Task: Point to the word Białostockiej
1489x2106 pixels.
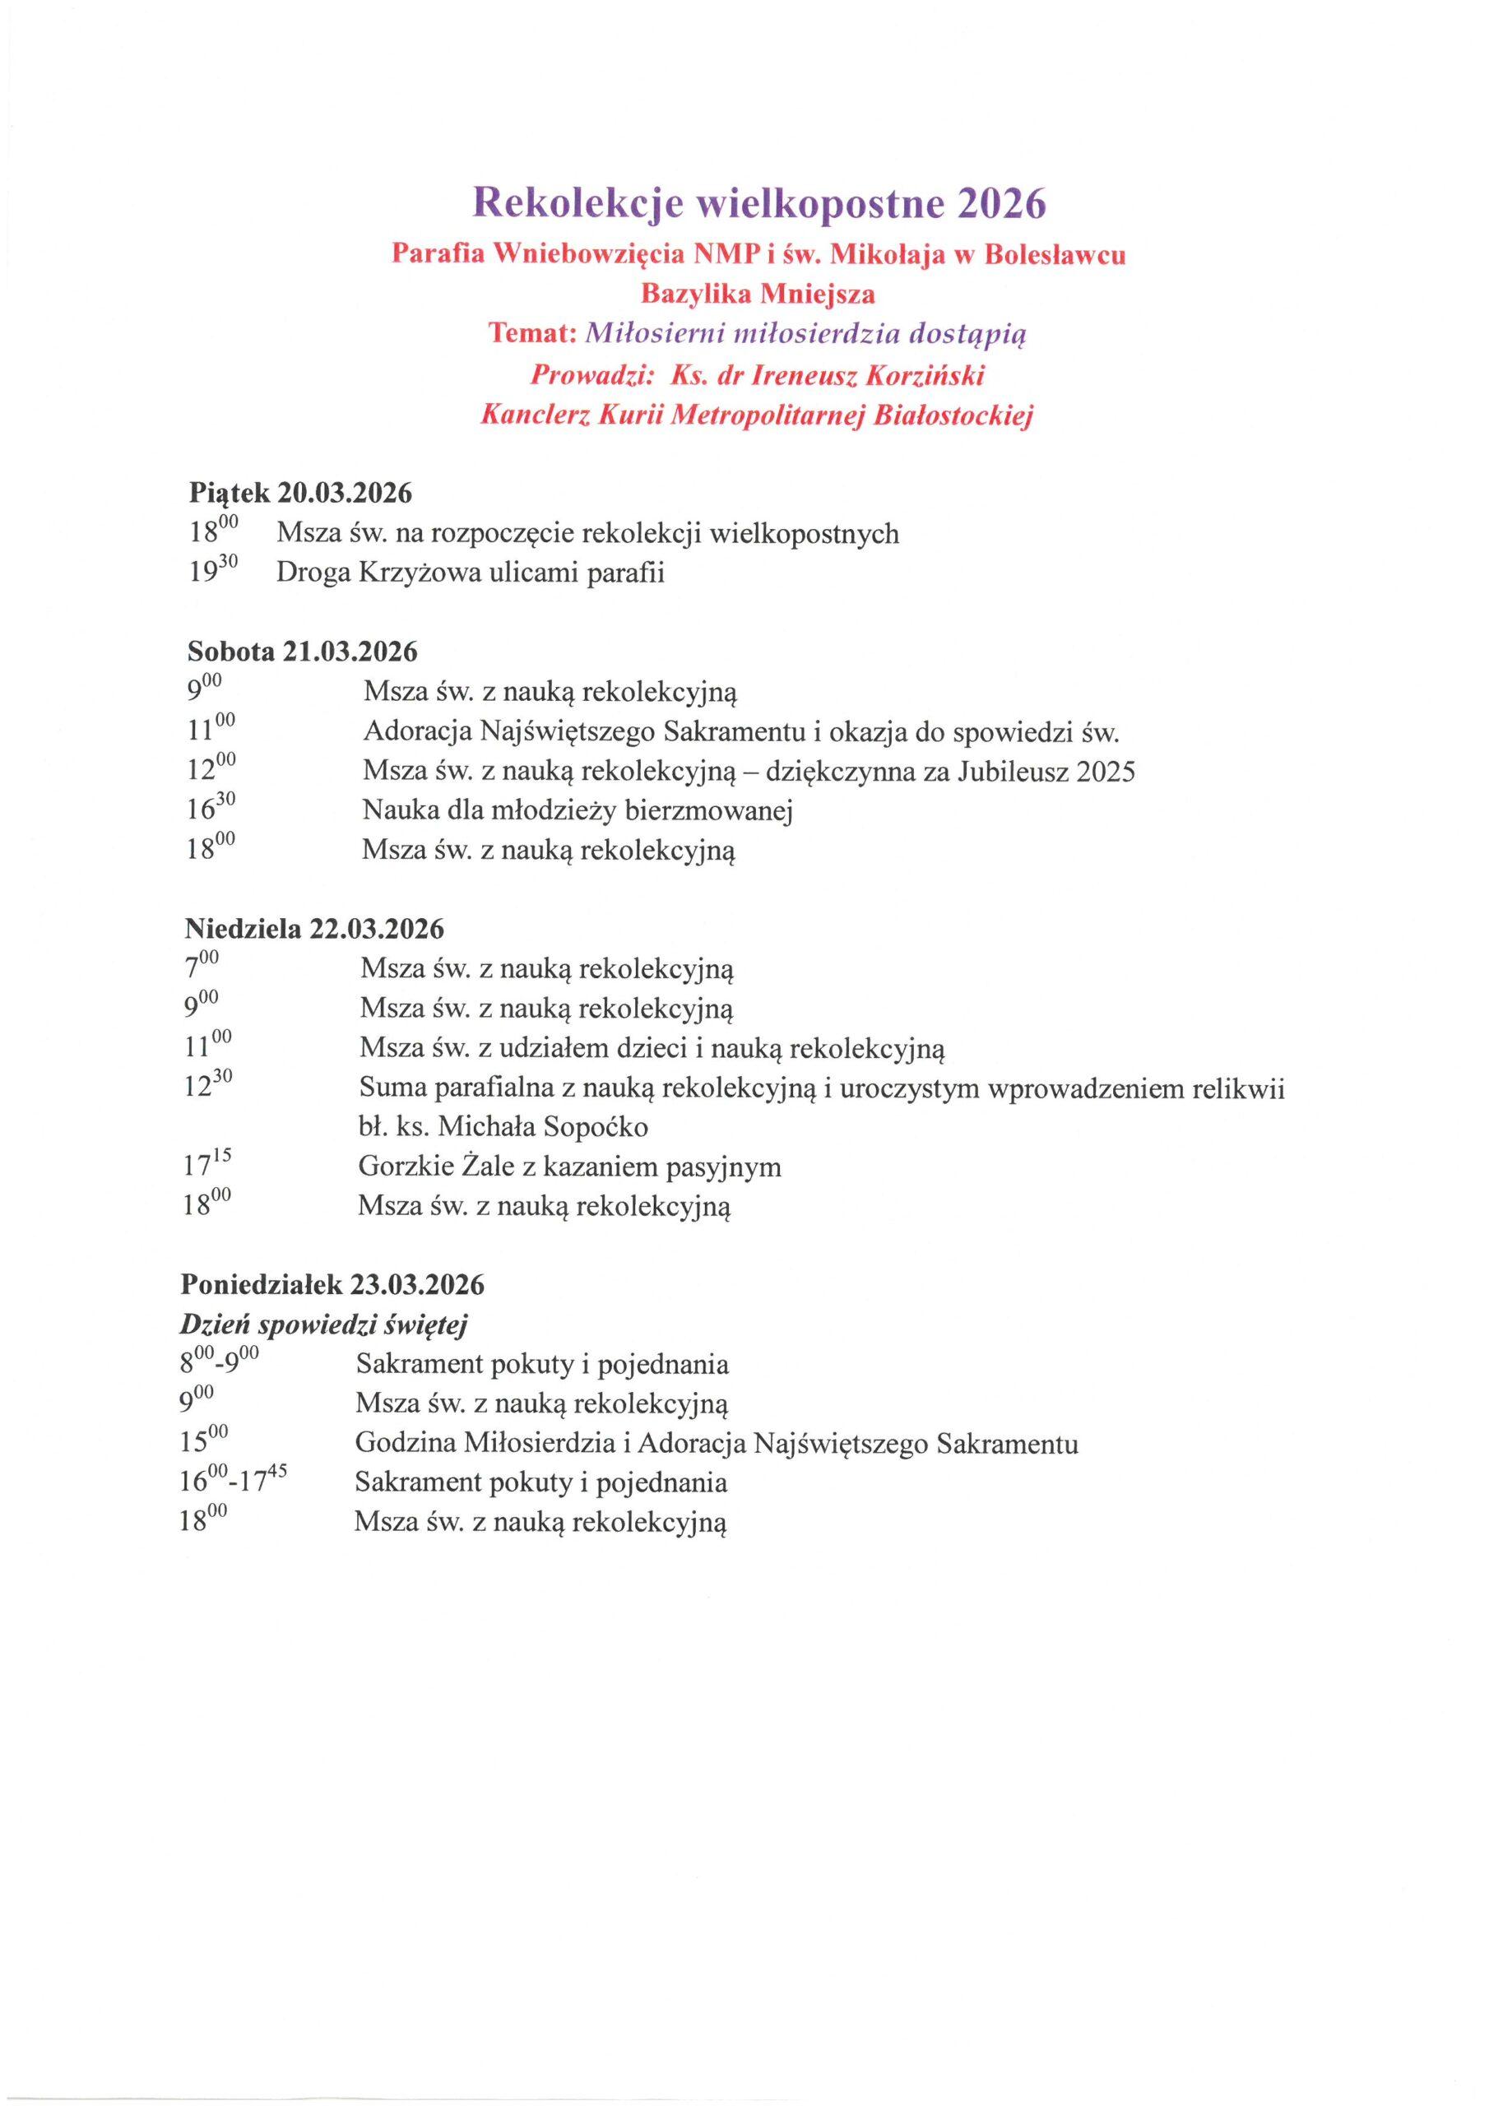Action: tap(954, 416)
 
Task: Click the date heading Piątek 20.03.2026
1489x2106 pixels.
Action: tap(300, 494)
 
